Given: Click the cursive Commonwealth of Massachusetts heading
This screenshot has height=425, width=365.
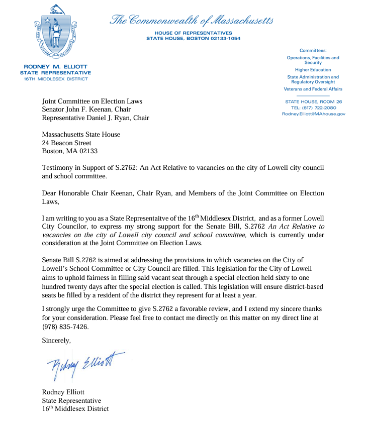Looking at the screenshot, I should click(x=192, y=21).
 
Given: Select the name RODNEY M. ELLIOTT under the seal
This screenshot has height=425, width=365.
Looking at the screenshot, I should click(x=59, y=66).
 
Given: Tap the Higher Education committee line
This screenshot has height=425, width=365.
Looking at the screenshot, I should click(x=313, y=70).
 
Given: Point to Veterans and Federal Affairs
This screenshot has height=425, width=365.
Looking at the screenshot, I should click(x=313, y=89).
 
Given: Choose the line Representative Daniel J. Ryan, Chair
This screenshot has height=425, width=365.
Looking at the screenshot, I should click(x=96, y=118).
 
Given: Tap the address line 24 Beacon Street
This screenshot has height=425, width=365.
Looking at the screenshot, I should click(x=67, y=143).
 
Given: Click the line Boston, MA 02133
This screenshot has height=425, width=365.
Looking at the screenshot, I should click(x=69, y=151).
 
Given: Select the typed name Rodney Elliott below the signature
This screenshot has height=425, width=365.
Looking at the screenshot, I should click(x=65, y=392).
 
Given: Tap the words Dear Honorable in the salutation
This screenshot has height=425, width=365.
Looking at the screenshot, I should click(x=65, y=193).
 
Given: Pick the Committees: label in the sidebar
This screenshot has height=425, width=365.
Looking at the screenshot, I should click(x=313, y=50).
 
